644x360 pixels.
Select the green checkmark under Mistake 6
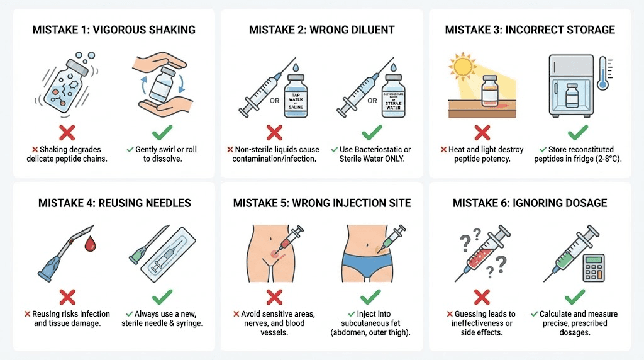(x=574, y=296)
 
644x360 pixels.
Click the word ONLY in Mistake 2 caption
(x=397, y=160)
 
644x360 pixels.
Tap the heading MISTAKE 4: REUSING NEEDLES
(x=114, y=203)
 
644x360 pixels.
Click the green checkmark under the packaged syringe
(x=162, y=296)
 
